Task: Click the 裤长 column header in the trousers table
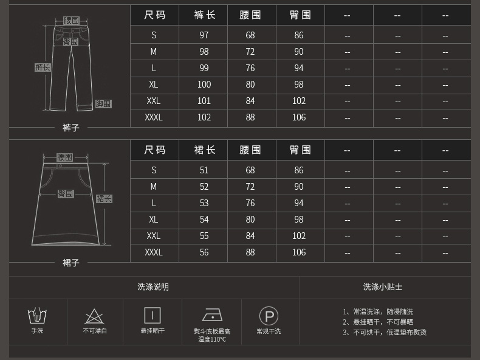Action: (x=204, y=15)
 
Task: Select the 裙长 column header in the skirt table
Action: (x=204, y=150)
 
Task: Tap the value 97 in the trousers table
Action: (x=204, y=35)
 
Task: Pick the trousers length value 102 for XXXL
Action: (x=204, y=117)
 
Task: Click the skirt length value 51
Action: (x=204, y=170)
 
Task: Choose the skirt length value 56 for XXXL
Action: (x=204, y=252)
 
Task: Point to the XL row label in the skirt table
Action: (x=154, y=220)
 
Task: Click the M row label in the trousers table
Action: (x=154, y=52)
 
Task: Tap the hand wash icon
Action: (x=38, y=316)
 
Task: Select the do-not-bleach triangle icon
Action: (x=94, y=316)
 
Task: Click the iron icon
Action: (x=212, y=315)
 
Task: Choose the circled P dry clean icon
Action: (x=269, y=316)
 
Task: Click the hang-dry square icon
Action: (x=153, y=315)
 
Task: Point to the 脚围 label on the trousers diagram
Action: (x=103, y=104)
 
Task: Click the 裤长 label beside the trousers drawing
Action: (x=42, y=67)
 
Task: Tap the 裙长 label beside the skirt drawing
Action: (x=104, y=199)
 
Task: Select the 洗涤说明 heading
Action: (x=153, y=287)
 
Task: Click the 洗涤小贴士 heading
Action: (x=383, y=287)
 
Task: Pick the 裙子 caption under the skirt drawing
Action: (x=71, y=263)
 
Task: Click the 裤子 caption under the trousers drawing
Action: (x=71, y=128)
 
